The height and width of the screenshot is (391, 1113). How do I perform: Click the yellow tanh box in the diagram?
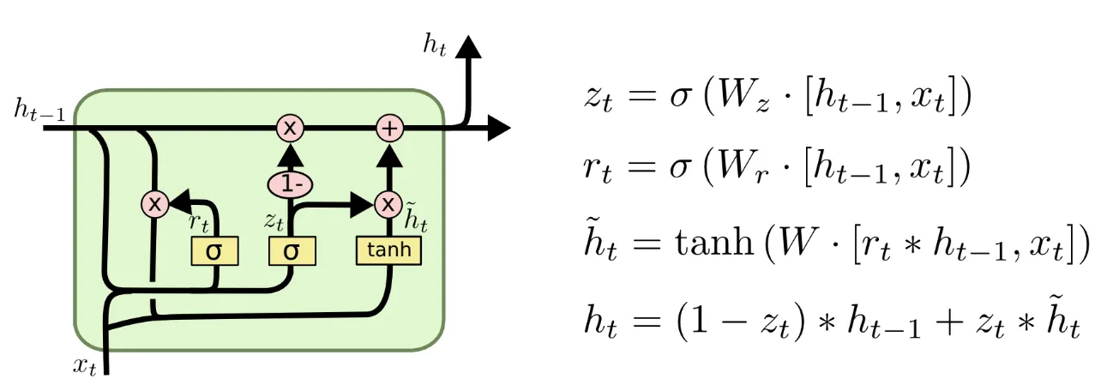pos(389,250)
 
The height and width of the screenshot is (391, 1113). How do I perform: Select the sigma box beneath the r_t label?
pos(214,251)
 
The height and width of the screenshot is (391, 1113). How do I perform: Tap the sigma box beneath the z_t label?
pos(292,251)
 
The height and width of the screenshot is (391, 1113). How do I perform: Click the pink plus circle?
pos(390,129)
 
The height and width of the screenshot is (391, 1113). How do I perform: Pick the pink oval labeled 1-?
pos(291,183)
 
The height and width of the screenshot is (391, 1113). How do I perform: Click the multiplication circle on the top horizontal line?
pos(291,129)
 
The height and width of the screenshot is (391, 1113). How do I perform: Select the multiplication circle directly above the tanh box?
pos(388,204)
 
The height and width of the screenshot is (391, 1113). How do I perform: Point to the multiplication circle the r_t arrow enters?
pos(155,204)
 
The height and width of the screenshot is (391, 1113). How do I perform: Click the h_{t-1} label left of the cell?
pos(38,110)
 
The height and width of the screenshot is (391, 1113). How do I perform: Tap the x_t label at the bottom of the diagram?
pos(84,366)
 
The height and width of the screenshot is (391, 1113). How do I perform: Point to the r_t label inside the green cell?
pos(199,223)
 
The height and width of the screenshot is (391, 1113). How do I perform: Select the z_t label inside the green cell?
pos(274,221)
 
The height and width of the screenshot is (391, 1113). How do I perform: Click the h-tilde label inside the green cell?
pos(415,220)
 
